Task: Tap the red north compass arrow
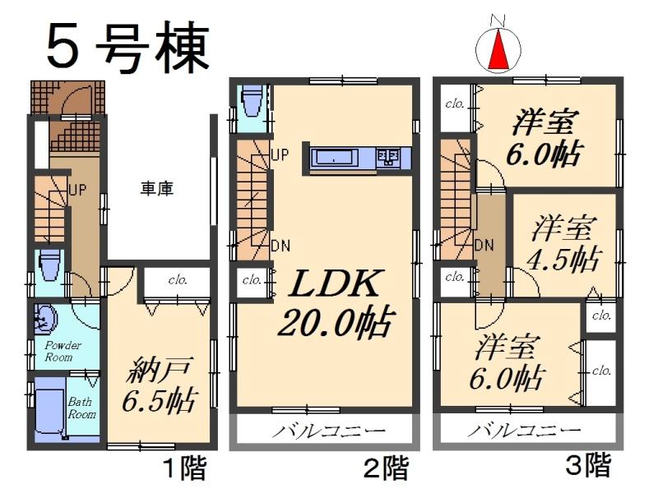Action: [x=498, y=52]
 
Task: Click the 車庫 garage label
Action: [x=156, y=188]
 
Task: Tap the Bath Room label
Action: [x=81, y=408]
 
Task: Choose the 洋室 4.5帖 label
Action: [x=564, y=242]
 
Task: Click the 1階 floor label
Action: [x=183, y=469]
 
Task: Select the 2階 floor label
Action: [x=386, y=469]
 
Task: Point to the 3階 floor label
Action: [x=588, y=466]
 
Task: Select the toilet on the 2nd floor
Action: [x=251, y=102]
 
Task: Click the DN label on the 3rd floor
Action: [x=484, y=244]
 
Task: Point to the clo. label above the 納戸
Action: [x=178, y=280]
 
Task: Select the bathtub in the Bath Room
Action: [x=48, y=411]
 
